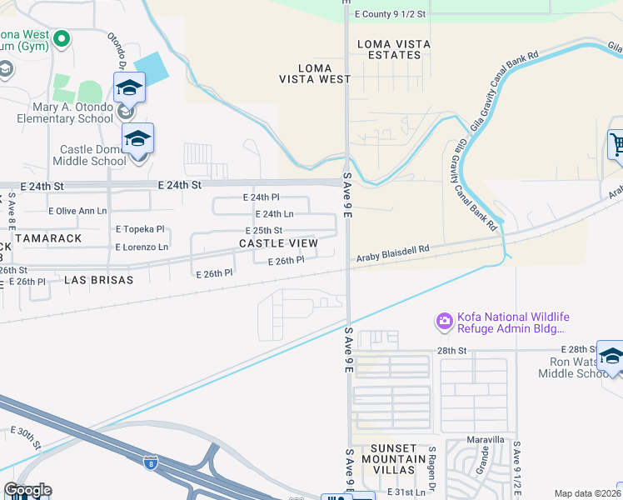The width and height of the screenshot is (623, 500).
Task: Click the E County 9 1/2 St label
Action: pos(390,14)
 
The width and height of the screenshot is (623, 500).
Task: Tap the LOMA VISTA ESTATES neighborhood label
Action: pos(389,49)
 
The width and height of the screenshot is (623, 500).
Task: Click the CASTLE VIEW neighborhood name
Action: pos(278,243)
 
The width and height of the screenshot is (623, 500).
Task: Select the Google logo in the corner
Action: pos(27,490)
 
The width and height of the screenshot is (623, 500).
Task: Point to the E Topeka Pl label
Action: pos(141,228)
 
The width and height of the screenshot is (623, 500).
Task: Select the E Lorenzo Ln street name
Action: pos(141,247)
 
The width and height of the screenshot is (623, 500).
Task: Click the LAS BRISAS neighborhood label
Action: pos(98,281)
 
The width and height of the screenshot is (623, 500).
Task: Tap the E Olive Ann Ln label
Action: pos(78,212)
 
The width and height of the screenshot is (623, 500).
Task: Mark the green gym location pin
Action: pos(61,38)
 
